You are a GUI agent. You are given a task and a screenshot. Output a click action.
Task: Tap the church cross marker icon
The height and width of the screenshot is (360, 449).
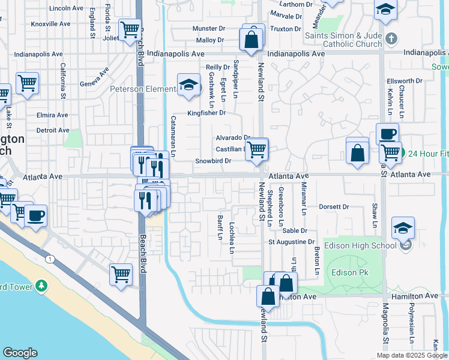391,39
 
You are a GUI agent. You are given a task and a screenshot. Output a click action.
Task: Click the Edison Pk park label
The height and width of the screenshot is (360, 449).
348,272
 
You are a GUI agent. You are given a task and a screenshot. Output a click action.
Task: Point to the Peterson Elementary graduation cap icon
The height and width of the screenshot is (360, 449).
188,85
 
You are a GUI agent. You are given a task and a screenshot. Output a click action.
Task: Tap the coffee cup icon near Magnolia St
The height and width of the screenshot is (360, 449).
387,134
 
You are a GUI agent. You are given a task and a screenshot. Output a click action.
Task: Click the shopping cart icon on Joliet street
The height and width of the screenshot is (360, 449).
129,30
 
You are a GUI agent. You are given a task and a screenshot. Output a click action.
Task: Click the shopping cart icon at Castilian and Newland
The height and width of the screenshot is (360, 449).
257,149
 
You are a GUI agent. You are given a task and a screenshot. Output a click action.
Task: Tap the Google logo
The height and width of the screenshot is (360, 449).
20,352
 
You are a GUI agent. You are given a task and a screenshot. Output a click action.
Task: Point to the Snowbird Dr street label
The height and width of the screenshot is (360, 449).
213,161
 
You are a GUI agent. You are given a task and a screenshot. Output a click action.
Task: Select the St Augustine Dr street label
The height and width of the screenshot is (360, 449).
291,242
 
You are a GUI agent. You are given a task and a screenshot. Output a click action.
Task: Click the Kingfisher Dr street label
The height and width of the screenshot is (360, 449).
206,112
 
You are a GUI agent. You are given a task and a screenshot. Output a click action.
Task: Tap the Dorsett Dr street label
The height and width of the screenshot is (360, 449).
334,207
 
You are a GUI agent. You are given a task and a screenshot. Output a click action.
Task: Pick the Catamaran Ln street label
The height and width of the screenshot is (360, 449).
173,136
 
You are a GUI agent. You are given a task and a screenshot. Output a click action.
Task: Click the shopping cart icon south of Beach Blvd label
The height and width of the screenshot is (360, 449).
121,274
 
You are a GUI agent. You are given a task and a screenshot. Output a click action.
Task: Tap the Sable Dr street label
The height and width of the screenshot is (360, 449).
294,230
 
